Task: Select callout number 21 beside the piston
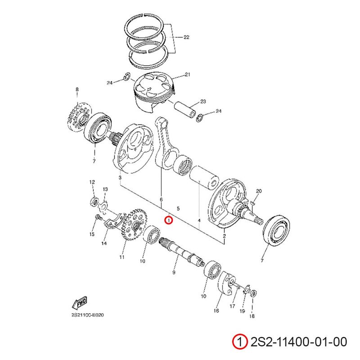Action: (188, 74)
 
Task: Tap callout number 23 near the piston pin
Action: (203, 101)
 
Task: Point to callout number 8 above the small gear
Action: (77, 90)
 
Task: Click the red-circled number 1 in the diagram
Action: (168, 220)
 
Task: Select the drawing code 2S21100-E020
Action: (87, 315)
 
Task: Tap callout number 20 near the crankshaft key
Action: (258, 191)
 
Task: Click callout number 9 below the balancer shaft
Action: (173, 273)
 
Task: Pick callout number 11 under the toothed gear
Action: (121, 257)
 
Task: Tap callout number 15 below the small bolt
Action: (91, 234)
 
